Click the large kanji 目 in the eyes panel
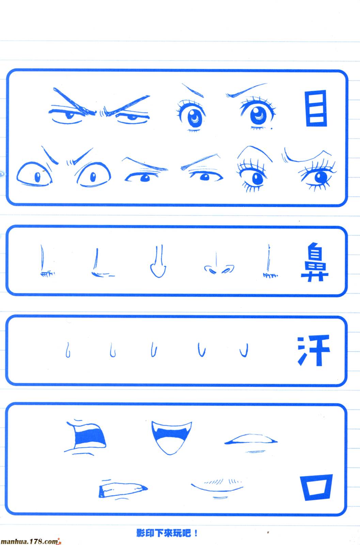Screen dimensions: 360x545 coord(316,108)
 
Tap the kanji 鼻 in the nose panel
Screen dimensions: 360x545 coord(315,262)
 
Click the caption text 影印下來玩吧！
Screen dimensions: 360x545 coord(167,533)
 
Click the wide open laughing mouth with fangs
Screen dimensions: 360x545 coord(172,437)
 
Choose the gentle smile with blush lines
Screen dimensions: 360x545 coord(217,488)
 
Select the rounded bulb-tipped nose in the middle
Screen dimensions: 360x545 coord(158,261)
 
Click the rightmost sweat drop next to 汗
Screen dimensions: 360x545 coord(244,350)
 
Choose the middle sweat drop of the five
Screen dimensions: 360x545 coord(154,349)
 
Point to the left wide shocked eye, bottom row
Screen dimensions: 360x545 coord(34,174)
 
